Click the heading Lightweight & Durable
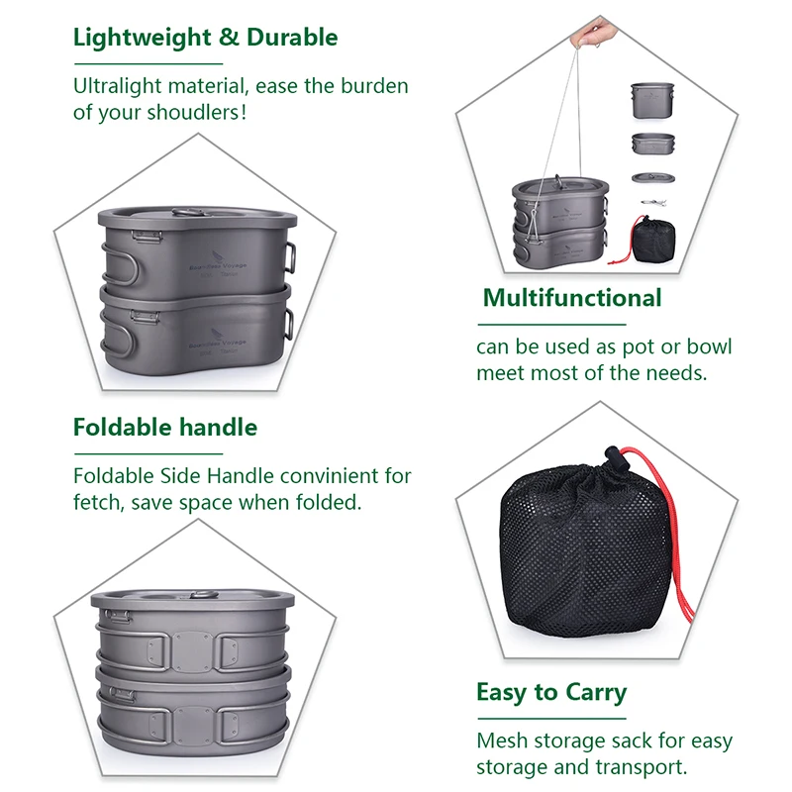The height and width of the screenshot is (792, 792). [205, 39]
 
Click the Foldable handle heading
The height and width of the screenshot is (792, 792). [164, 428]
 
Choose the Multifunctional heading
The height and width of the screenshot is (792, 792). [572, 298]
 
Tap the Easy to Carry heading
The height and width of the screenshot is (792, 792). [551, 692]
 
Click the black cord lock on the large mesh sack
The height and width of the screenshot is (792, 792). [610, 462]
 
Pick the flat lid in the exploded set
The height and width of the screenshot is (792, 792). [649, 178]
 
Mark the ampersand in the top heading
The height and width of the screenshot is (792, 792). [229, 39]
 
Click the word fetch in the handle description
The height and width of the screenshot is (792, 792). [97, 502]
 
